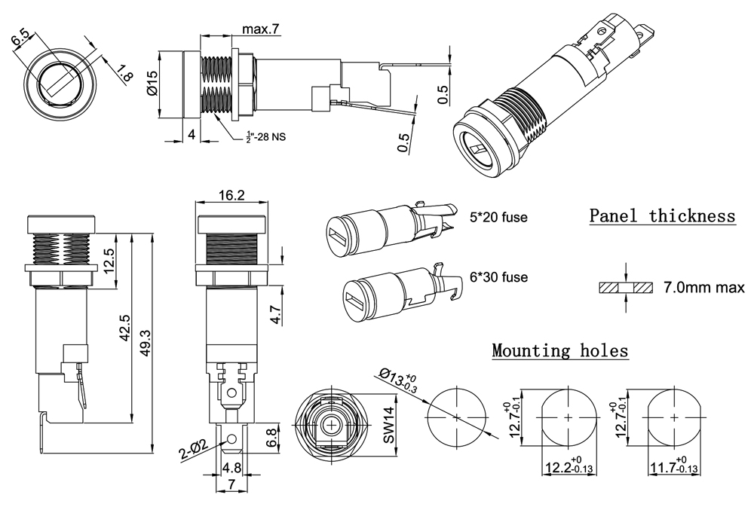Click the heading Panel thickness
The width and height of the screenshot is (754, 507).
[x=662, y=216]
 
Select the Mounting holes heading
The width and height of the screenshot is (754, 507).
[x=559, y=350]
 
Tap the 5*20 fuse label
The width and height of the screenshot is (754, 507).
[x=498, y=218]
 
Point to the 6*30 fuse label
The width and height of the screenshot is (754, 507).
[x=498, y=277]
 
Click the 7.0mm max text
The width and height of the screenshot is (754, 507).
[x=703, y=288]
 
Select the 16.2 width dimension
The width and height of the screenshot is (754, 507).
[x=231, y=195]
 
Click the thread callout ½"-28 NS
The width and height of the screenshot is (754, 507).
[x=266, y=136]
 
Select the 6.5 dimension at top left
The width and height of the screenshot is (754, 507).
[x=23, y=39]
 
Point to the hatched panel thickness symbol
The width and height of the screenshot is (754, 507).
[x=627, y=288]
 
